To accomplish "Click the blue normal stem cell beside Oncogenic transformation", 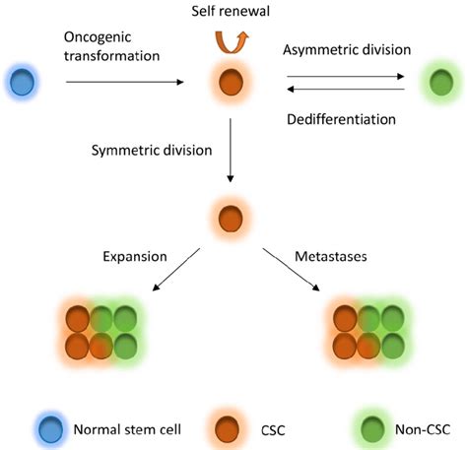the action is click(x=22, y=82).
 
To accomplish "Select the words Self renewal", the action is click(x=231, y=11).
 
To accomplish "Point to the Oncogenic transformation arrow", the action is click(x=125, y=82).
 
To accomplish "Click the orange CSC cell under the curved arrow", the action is click(x=231, y=81).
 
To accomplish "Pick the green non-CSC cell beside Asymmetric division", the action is click(x=441, y=82).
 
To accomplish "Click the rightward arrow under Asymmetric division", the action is click(x=346, y=77).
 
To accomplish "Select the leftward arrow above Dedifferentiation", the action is click(x=346, y=89).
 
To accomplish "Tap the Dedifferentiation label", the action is click(x=341, y=119).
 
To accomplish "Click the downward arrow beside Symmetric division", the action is click(x=231, y=151).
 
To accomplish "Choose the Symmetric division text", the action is click(x=152, y=151).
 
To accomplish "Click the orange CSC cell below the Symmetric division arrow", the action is click(x=231, y=219).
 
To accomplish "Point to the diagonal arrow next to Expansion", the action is click(x=176, y=270).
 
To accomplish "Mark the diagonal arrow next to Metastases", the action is click(x=291, y=270).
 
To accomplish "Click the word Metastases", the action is click(x=331, y=256).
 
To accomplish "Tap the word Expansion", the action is click(x=135, y=256).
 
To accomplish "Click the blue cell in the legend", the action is click(x=50, y=429).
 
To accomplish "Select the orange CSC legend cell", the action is click(x=227, y=429).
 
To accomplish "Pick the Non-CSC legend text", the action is click(x=423, y=429).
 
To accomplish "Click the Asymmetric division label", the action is click(x=347, y=50).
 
